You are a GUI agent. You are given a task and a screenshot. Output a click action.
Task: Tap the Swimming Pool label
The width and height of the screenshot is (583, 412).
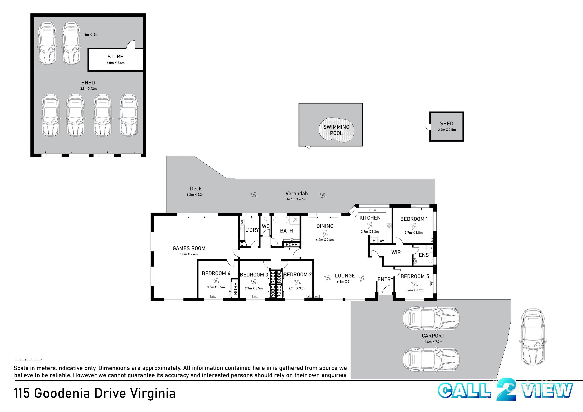pyautogui.click(x=336, y=130)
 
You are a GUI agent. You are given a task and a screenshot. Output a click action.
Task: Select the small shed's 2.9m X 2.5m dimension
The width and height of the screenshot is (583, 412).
pyautogui.click(x=447, y=130)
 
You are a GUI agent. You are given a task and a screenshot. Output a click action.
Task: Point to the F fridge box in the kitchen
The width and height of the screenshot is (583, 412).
pyautogui.click(x=374, y=240)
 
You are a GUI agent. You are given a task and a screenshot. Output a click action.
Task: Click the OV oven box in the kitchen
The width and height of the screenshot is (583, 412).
pyautogui.click(x=382, y=240)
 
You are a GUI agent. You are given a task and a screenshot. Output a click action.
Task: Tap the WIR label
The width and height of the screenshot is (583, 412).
pyautogui.click(x=396, y=252)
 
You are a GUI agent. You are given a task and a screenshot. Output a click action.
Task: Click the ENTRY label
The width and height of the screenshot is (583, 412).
pyautogui.click(x=385, y=279)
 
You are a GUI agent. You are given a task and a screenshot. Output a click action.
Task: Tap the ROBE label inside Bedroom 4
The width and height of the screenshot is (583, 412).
pyautogui.click(x=235, y=289)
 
